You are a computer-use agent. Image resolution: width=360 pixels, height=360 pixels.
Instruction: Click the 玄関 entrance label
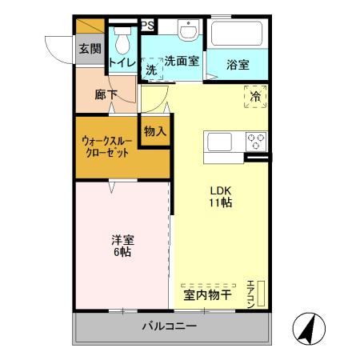coord(89,49)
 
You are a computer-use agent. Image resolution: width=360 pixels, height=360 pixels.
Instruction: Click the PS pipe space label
coord(148,26)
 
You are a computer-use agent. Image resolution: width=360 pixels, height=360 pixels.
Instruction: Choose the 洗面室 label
coord(182,61)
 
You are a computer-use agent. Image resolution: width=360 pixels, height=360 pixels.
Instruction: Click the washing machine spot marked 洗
coord(152,70)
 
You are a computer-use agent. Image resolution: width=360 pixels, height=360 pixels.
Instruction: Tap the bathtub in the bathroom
coord(236,35)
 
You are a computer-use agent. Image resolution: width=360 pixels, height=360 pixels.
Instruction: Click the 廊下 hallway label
coord(106,94)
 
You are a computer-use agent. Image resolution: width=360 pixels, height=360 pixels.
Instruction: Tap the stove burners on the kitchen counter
coord(257,142)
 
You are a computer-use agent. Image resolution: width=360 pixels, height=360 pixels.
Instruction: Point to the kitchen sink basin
coord(220,142)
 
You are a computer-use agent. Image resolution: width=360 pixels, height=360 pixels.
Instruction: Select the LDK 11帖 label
coord(222,197)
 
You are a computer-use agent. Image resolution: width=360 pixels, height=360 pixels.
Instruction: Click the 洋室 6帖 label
coord(122,244)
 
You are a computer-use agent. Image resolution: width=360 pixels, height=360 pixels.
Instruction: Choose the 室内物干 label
coord(207,294)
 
